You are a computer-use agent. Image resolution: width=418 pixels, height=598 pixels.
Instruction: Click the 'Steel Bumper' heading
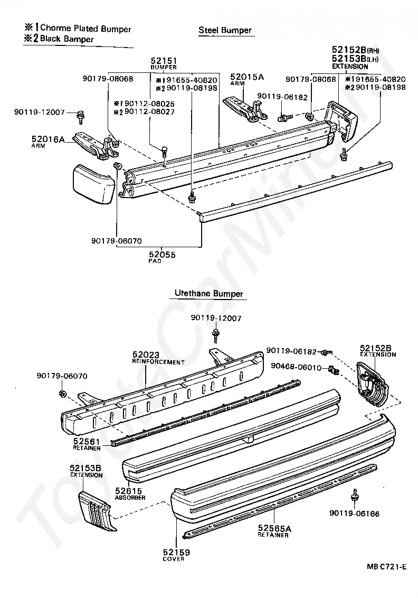[225, 31]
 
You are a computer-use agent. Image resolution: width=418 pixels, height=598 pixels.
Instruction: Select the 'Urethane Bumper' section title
[209, 294]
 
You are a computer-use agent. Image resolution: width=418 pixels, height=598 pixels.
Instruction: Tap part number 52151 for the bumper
[163, 61]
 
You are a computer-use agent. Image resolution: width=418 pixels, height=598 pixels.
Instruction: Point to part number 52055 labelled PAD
[163, 255]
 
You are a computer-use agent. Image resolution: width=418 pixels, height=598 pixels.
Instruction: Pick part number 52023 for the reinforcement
[146, 355]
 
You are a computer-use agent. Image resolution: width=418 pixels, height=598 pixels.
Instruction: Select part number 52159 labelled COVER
[177, 552]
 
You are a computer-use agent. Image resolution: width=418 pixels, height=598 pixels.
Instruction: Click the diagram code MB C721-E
[387, 567]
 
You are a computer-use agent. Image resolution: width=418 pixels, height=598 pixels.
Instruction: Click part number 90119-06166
[354, 513]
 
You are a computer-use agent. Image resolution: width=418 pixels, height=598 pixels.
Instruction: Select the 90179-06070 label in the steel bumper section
[116, 241]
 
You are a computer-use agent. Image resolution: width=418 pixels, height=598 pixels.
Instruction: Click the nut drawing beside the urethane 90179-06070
[62, 394]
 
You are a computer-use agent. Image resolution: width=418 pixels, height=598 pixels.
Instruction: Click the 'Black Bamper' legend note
[67, 39]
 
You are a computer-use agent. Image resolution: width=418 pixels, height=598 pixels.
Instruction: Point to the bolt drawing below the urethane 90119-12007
[216, 334]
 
